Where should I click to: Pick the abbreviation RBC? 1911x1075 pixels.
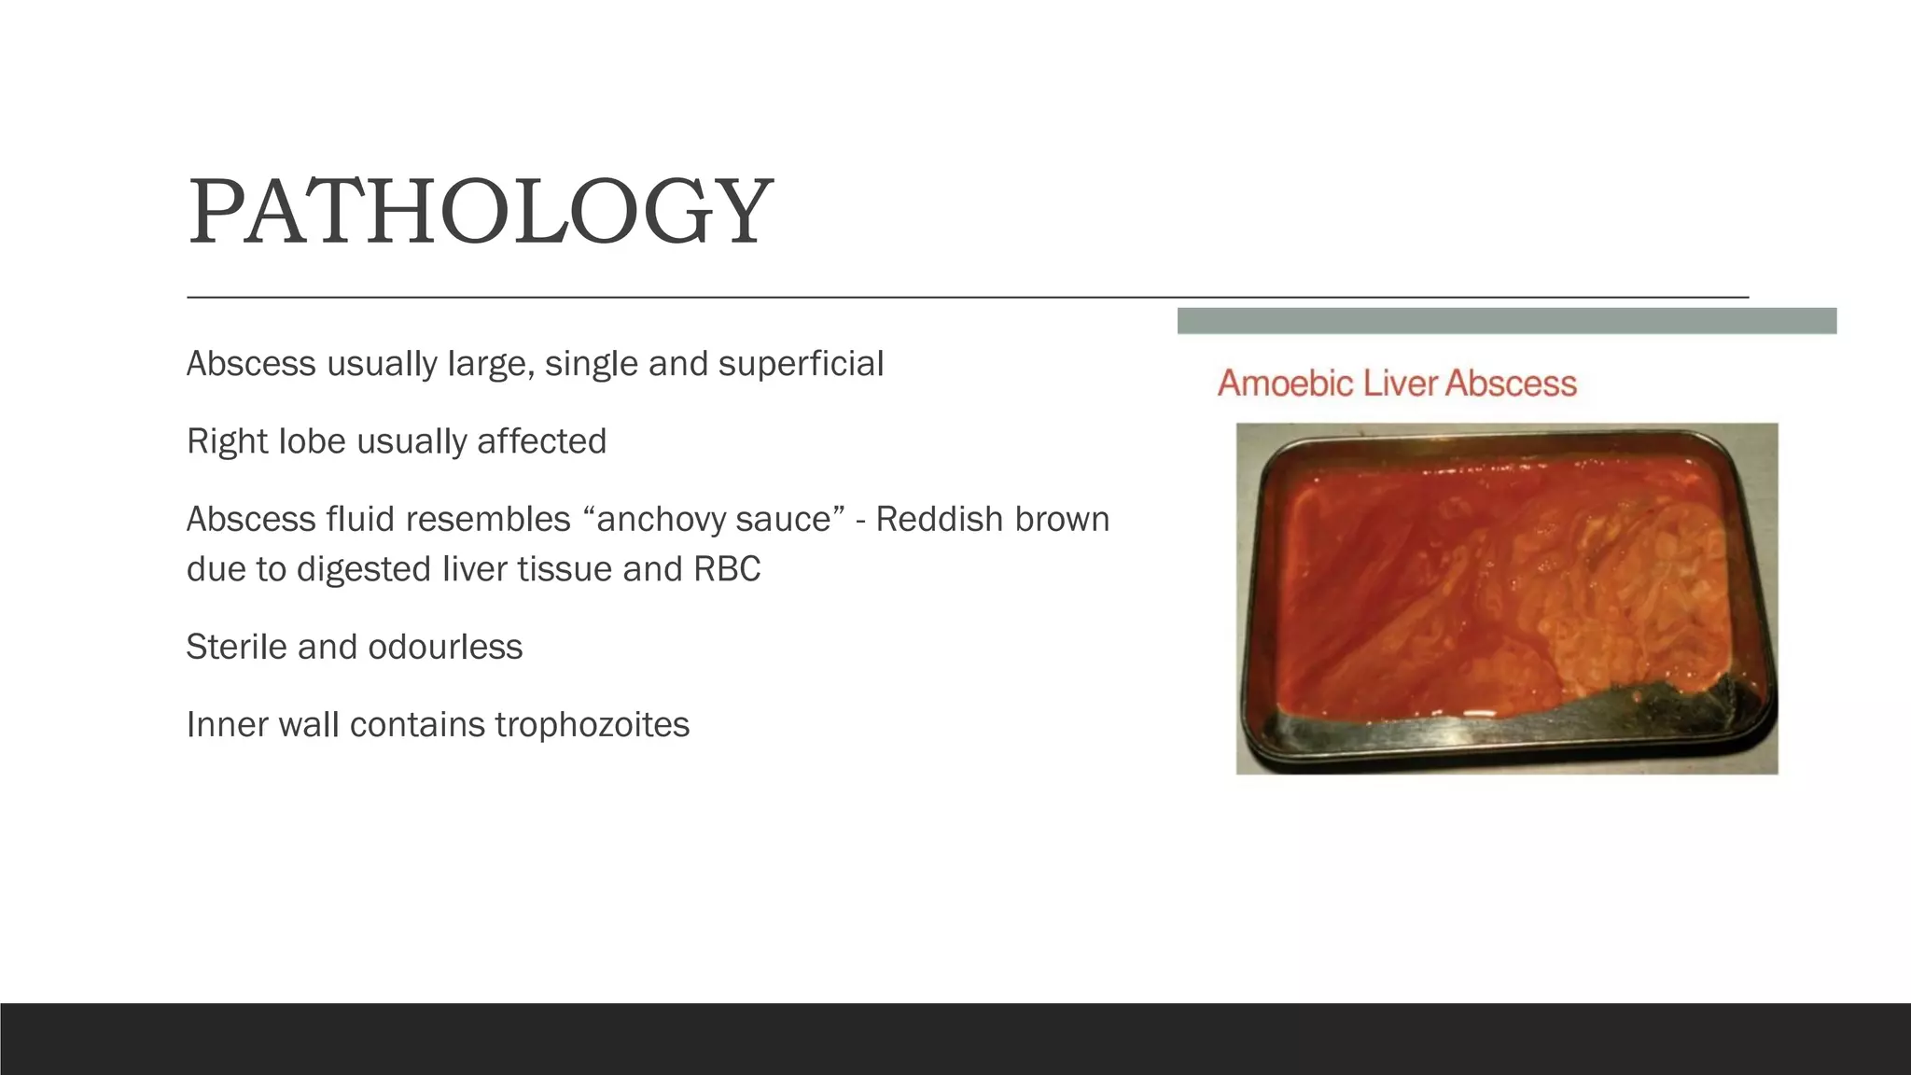(x=727, y=569)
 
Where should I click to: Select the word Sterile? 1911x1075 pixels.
(x=237, y=647)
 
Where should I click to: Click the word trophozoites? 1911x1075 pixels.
(x=592, y=725)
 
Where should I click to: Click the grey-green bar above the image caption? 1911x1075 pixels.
(x=1506, y=321)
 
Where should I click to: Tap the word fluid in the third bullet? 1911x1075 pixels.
(x=355, y=519)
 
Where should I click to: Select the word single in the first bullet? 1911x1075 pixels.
(x=592, y=364)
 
